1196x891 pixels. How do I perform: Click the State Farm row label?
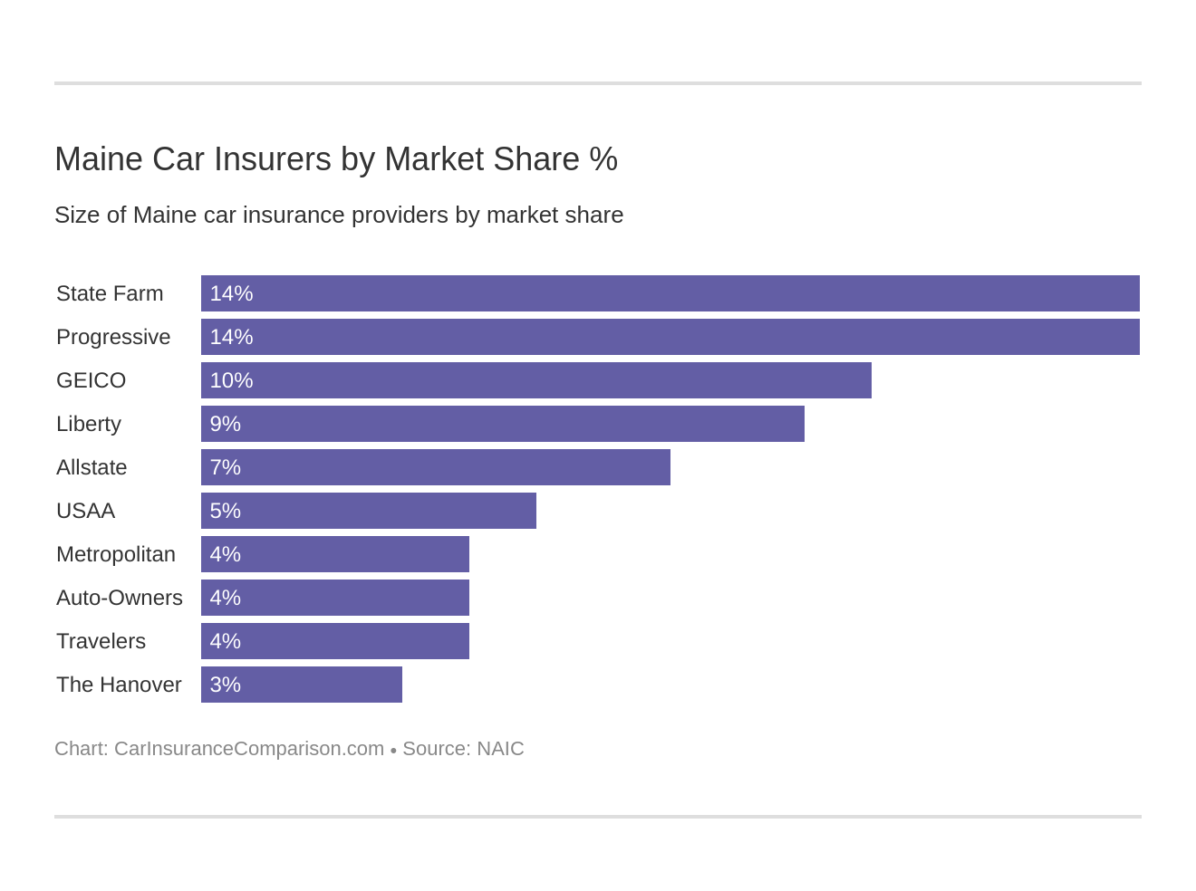(110, 293)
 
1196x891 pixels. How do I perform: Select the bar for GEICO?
(535, 380)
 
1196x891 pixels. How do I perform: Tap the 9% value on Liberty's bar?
(225, 424)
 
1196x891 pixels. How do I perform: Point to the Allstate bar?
(435, 467)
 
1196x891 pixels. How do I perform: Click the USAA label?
(85, 511)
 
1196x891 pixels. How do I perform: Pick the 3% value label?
(225, 685)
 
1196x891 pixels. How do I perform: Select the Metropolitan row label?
(116, 554)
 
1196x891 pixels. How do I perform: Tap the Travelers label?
(101, 641)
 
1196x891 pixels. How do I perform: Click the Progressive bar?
(670, 337)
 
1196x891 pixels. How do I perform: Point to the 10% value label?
(231, 380)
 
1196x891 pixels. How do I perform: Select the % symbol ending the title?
(603, 159)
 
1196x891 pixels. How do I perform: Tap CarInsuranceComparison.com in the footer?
(249, 749)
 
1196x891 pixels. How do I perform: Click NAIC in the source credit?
(500, 749)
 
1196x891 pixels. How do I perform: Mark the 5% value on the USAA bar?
(225, 511)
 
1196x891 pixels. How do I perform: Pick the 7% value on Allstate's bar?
(225, 467)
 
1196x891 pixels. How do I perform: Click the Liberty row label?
(89, 424)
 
